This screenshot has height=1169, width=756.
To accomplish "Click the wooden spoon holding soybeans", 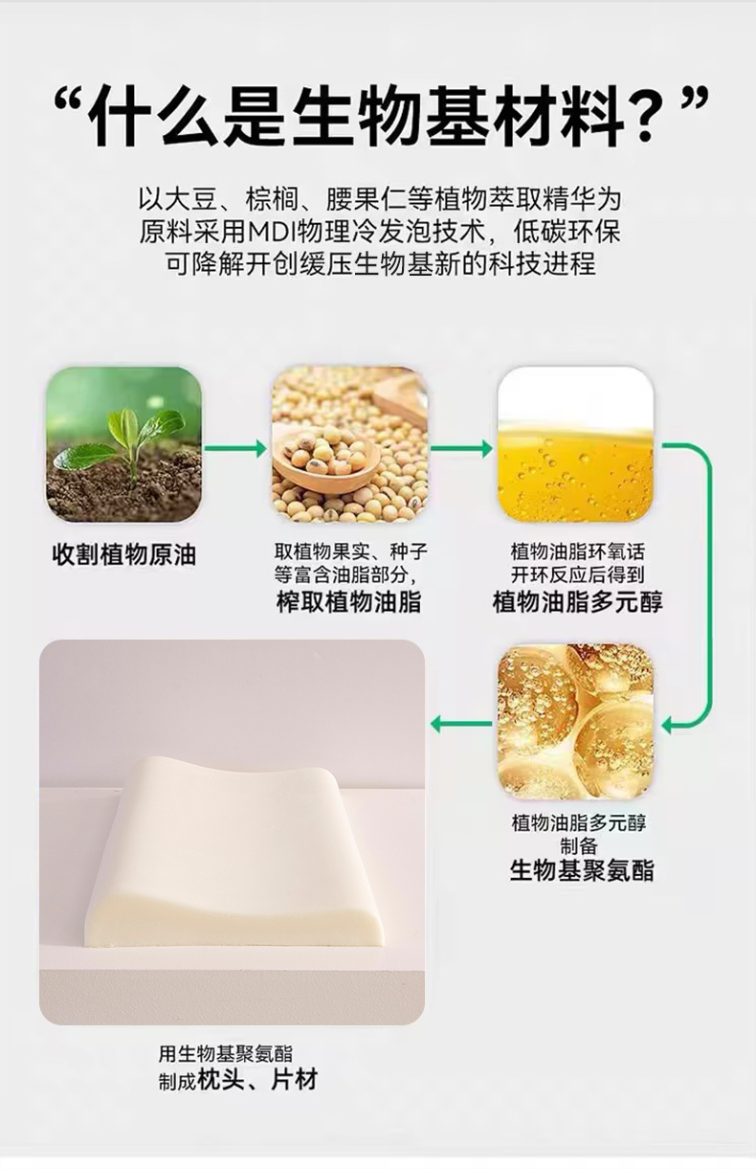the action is click(327, 460).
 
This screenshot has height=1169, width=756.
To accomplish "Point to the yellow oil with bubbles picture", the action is click(575, 443).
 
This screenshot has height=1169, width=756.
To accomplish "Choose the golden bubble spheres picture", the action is click(575, 722).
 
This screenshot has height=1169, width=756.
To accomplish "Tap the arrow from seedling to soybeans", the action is click(235, 448).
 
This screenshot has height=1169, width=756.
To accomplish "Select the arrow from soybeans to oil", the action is click(461, 448).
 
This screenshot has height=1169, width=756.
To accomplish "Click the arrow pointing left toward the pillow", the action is click(461, 724).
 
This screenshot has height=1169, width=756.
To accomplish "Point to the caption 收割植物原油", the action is click(123, 554).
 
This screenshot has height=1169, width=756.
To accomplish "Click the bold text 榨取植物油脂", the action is click(348, 601).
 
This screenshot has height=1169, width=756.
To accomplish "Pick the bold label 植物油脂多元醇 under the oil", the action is click(577, 601).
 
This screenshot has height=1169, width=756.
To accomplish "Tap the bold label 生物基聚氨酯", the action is click(581, 870).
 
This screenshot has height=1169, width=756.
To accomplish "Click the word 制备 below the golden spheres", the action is click(578, 844).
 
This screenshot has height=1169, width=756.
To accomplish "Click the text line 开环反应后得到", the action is click(578, 575).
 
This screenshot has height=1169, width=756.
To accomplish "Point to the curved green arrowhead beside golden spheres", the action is click(669, 726).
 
